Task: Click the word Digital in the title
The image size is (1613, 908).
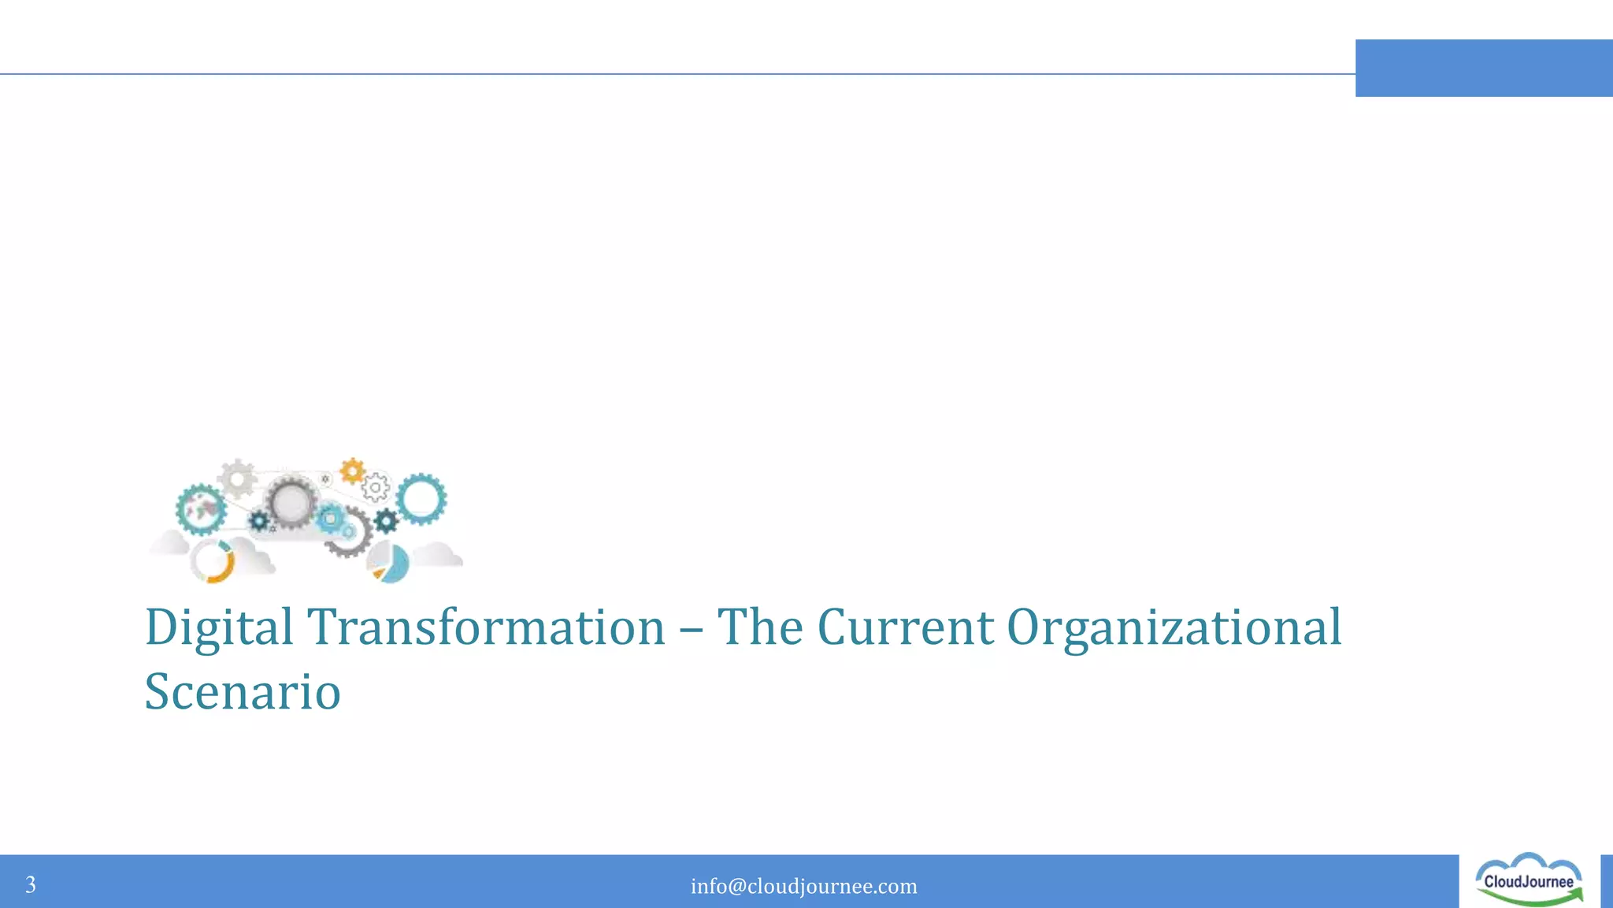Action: coord(219,629)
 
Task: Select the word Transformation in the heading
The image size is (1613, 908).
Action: coord(486,627)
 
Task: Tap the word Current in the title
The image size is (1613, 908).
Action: coord(905,627)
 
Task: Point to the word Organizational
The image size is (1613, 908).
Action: coord(1174,629)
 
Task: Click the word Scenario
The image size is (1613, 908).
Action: coord(243,691)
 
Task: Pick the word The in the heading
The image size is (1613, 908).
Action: coord(760,627)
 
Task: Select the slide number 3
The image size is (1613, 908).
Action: coord(31,884)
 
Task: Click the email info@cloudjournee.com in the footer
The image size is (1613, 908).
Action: coord(804,886)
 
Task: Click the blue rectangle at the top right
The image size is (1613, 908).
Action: coord(1484,68)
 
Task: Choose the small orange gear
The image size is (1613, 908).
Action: coord(352,471)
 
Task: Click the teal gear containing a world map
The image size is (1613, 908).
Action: coord(201,509)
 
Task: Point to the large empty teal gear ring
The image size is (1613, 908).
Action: coord(421,499)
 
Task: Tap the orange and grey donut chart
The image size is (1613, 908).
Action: coord(213,561)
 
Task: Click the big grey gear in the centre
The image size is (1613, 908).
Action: coord(291,502)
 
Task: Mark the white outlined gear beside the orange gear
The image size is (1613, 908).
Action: coord(376,488)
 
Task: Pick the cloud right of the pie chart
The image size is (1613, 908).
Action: coord(438,555)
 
